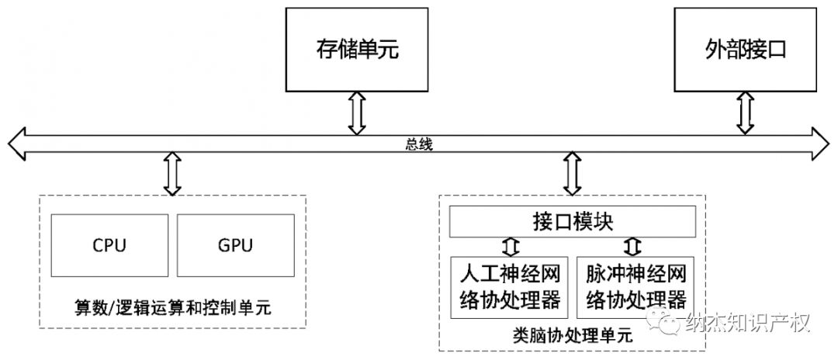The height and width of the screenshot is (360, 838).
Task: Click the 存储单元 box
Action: pyautogui.click(x=356, y=50)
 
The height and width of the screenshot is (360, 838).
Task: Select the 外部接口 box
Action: pyautogui.click(x=745, y=50)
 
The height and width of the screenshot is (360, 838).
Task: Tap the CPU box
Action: pyautogui.click(x=109, y=246)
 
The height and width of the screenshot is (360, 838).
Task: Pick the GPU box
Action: pyautogui.click(x=236, y=246)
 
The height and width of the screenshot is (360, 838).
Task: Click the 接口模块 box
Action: pyautogui.click(x=573, y=222)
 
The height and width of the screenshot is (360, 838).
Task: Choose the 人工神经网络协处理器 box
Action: pyautogui.click(x=509, y=287)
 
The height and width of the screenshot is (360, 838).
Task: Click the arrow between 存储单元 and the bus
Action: pyautogui.click(x=356, y=112)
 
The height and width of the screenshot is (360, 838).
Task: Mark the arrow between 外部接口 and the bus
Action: pyautogui.click(x=745, y=112)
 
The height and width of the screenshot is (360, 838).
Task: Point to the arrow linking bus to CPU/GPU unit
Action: pyautogui.click(x=172, y=173)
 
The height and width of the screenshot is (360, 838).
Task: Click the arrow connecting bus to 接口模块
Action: pyautogui.click(x=573, y=173)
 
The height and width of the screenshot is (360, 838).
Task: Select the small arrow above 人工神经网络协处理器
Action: pyautogui.click(x=509, y=247)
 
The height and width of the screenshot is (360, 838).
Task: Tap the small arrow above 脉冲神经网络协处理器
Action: pyautogui.click(x=635, y=247)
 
